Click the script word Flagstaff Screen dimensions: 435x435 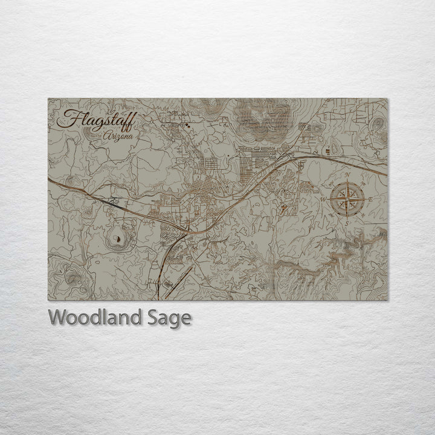[97, 120]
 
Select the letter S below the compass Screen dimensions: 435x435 [347, 222]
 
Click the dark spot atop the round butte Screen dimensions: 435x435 [119, 239]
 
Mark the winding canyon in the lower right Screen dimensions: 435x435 [338, 257]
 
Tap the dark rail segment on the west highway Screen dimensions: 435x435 [111, 204]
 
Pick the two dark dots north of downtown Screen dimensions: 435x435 [188, 126]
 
